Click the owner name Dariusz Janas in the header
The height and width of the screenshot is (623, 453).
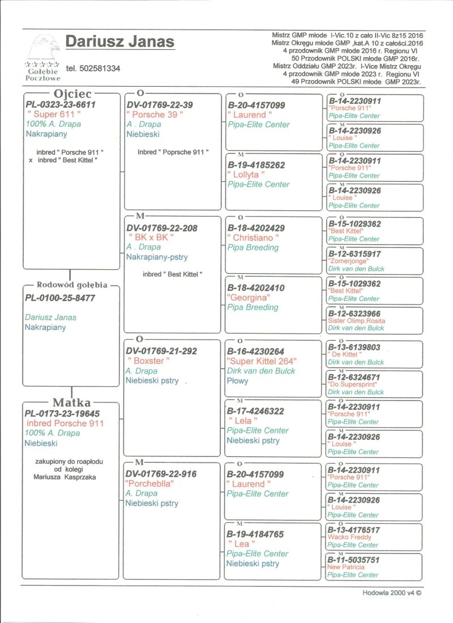tap(120, 42)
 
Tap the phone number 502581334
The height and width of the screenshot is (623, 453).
tap(93, 69)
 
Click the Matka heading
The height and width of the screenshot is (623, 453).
tap(71, 402)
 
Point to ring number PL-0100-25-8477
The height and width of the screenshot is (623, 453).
tap(60, 298)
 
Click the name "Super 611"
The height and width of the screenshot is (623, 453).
tap(54, 115)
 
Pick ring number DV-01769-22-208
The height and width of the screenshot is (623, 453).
tap(161, 228)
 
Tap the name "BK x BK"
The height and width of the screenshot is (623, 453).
tap(151, 238)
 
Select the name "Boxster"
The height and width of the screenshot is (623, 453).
tap(148, 361)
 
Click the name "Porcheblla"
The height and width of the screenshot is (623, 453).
tap(149, 484)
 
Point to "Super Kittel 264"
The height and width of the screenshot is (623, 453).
tap(262, 361)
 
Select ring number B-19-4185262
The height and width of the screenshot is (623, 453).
tap(256, 165)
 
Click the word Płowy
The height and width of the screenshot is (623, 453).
tap(237, 381)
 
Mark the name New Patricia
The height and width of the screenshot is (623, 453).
tap(346, 567)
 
